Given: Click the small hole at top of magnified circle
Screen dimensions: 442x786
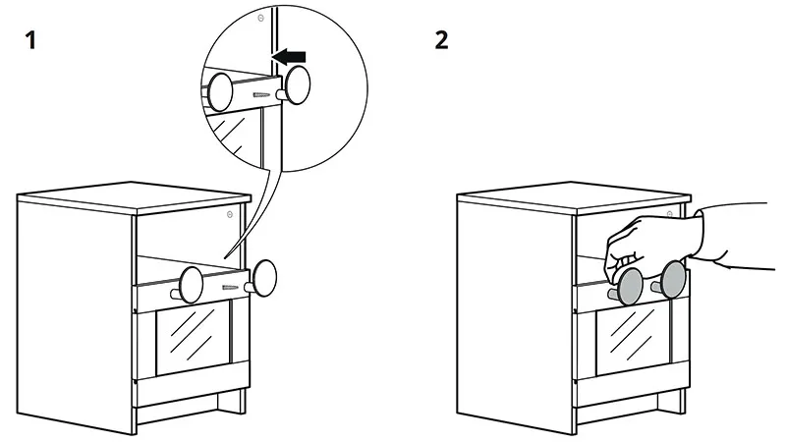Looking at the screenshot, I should pyautogui.click(x=259, y=18).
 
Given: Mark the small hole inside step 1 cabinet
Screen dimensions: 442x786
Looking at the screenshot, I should pyautogui.click(x=229, y=214).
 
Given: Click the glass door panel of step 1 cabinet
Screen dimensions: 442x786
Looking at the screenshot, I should pyautogui.click(x=193, y=337).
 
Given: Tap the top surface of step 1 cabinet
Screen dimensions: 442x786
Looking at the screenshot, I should pyautogui.click(x=138, y=195).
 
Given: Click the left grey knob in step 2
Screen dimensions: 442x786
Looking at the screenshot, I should pyautogui.click(x=629, y=284).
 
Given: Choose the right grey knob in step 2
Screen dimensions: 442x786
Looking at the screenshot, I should pyautogui.click(x=674, y=279).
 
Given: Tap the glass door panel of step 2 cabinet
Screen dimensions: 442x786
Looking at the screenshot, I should pyautogui.click(x=633, y=336).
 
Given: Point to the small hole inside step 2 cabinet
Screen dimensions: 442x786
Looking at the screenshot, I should pyautogui.click(x=669, y=214).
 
